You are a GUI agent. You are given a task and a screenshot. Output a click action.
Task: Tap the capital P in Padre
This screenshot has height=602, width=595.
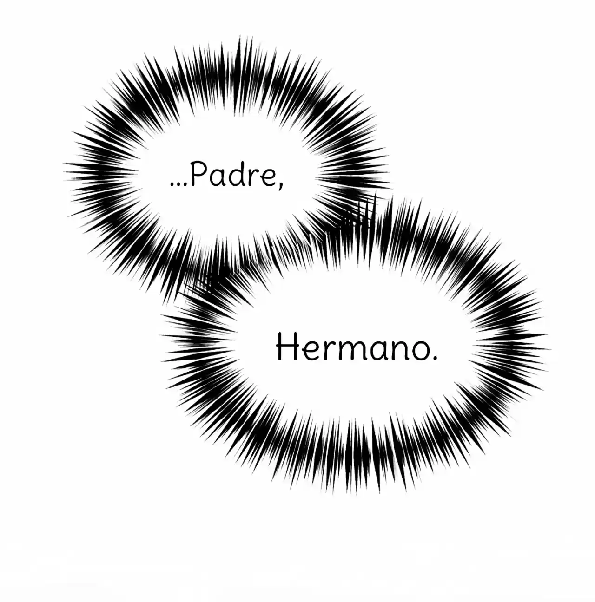[x=198, y=175]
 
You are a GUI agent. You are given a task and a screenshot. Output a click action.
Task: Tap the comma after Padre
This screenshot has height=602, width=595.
[x=280, y=185]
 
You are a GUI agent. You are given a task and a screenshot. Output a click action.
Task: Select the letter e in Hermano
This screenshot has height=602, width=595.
[x=309, y=351]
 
